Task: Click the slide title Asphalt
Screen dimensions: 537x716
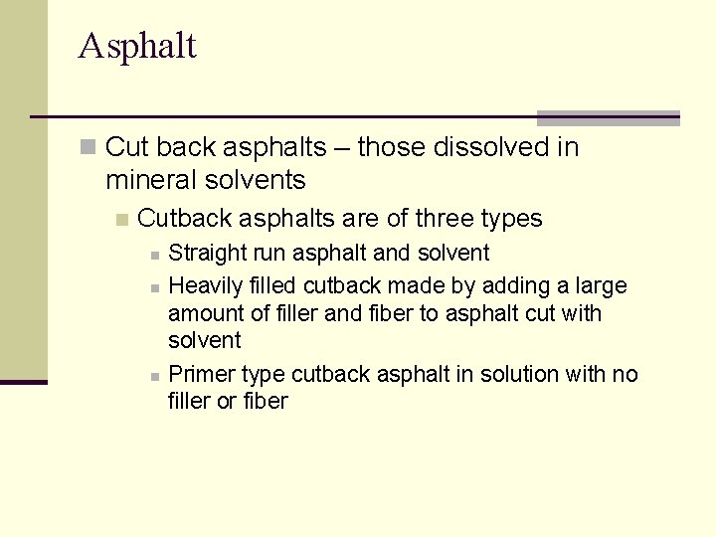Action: [137, 46]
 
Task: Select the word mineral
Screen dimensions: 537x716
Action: [149, 180]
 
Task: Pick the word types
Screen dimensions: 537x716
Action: [511, 219]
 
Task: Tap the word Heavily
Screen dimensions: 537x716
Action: [206, 286]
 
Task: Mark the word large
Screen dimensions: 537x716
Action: [601, 286]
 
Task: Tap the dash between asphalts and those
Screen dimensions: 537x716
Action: [341, 148]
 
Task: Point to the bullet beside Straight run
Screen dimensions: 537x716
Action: [154, 256]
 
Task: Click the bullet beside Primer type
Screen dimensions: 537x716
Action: [154, 377]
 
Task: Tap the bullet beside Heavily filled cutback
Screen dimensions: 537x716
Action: [154, 288]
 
